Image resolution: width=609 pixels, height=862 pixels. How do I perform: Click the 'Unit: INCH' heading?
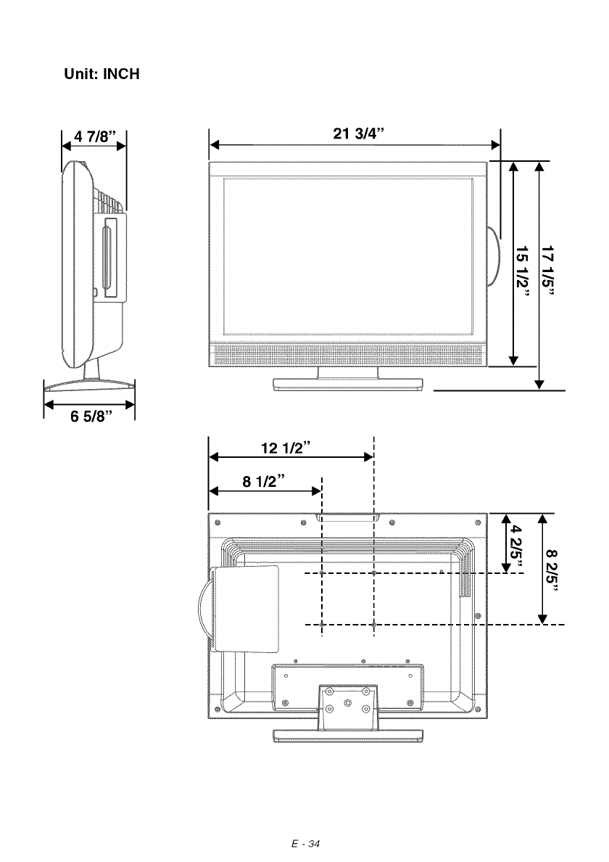pyautogui.click(x=101, y=74)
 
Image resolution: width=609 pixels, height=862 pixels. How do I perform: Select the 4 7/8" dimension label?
pyautogui.click(x=95, y=136)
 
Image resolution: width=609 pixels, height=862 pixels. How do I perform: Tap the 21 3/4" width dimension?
pyautogui.click(x=358, y=134)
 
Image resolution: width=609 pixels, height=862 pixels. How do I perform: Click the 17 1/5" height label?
pyautogui.click(x=548, y=270)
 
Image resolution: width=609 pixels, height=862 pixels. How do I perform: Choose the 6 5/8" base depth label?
pyautogui.click(x=91, y=416)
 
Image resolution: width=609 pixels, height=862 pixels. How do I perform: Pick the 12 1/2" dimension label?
pyautogui.click(x=286, y=448)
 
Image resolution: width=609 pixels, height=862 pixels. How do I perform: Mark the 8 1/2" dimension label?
pyautogui.click(x=264, y=482)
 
